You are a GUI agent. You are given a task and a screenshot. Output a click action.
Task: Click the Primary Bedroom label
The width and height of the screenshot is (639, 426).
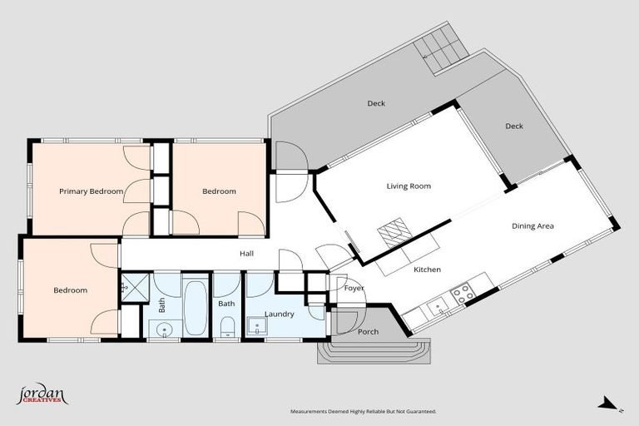[91, 191]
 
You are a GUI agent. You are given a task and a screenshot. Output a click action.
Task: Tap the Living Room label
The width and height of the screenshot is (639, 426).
[409, 186]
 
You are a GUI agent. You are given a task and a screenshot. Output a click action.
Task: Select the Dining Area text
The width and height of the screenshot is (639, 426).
[532, 225]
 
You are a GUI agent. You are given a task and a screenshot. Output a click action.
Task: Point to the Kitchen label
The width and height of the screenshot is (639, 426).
[427, 270]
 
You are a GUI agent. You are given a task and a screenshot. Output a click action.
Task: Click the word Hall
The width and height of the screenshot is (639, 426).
[246, 254]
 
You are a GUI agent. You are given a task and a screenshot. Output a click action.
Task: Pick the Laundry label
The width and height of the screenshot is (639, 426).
[280, 315]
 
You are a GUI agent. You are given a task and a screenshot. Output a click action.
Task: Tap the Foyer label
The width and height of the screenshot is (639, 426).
[354, 288]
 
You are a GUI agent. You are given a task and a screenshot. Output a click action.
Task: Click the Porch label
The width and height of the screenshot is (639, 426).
[368, 332]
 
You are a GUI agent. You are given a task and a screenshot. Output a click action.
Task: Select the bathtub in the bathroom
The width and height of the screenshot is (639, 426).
[196, 305]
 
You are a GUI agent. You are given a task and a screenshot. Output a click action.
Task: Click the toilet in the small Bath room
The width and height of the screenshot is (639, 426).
[227, 327]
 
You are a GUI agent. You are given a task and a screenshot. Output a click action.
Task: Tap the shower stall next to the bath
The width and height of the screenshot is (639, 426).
[135, 288]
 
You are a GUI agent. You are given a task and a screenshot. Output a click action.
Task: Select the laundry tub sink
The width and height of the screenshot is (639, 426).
[257, 326]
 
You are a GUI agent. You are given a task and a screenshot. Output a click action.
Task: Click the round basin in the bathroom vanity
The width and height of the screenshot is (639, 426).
[165, 329]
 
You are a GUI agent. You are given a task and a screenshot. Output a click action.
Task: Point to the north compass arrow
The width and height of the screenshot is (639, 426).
[608, 403]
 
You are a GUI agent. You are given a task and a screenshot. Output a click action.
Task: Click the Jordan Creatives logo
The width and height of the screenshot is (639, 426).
[42, 394]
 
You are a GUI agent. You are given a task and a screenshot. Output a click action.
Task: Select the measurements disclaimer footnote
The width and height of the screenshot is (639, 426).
[363, 412]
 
